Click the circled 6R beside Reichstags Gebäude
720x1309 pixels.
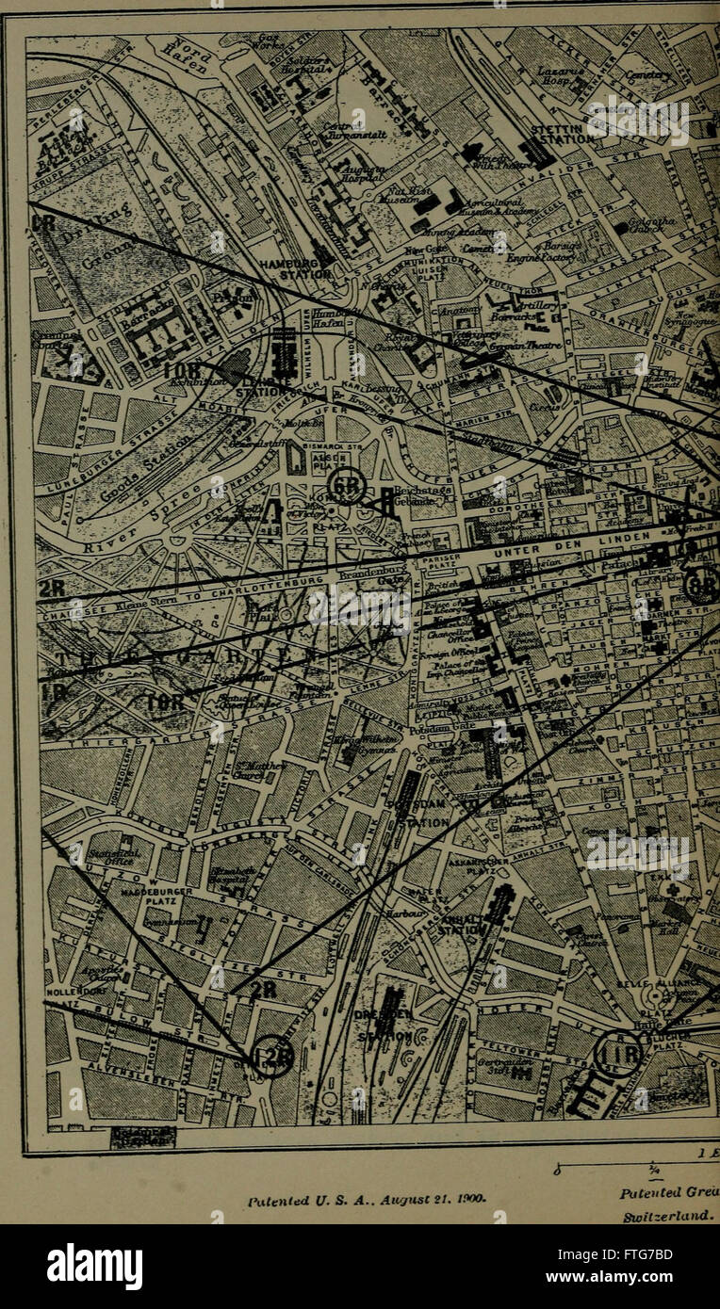click(x=349, y=486)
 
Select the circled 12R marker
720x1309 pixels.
click(x=271, y=1057)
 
